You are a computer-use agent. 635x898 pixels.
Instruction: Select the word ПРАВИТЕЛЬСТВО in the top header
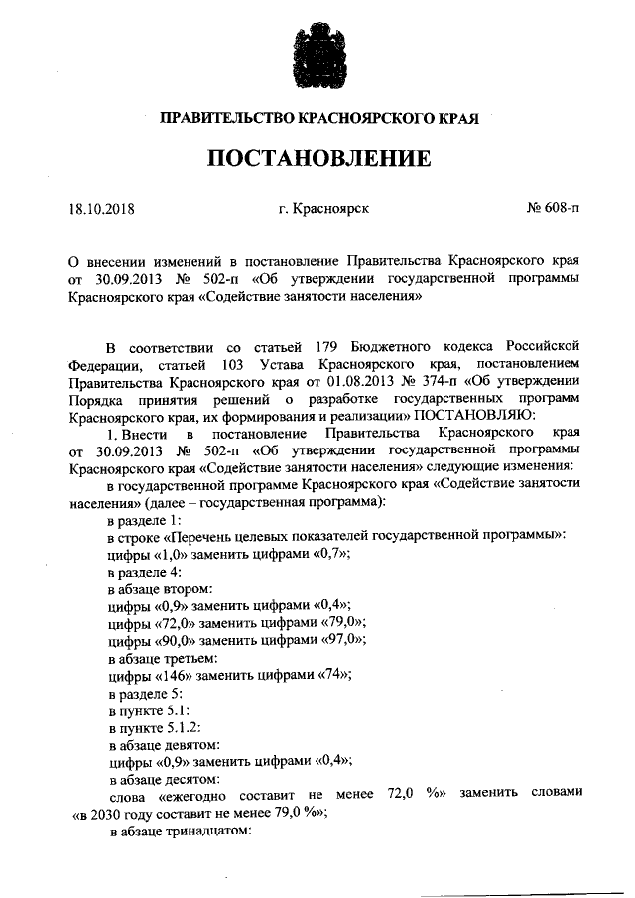coord(219,119)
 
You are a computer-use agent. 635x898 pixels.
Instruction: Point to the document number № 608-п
coord(552,210)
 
